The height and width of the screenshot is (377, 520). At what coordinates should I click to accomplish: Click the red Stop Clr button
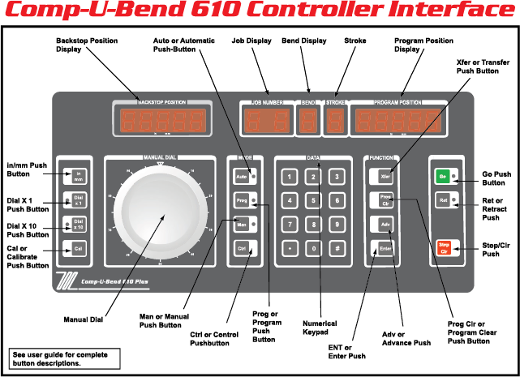[x=444, y=248]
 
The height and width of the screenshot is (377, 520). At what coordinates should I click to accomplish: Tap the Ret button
[x=443, y=199]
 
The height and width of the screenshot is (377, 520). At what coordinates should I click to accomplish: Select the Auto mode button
[x=241, y=174]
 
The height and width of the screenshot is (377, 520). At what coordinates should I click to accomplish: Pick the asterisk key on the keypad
[x=286, y=248]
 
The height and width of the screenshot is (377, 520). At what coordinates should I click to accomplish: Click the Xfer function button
[x=386, y=174]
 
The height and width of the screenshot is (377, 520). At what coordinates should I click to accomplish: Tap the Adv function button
[x=386, y=223]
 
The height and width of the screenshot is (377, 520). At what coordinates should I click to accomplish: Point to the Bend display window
[x=308, y=122]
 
